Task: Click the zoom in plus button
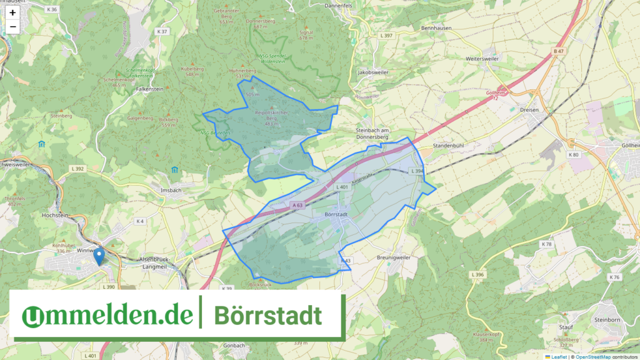click(12, 12)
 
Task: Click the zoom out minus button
click(12, 27)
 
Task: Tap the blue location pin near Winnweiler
click(98, 257)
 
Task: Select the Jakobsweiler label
click(372, 72)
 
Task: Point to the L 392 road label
click(77, 169)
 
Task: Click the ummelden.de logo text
click(107, 316)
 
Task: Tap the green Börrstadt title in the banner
click(268, 316)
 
